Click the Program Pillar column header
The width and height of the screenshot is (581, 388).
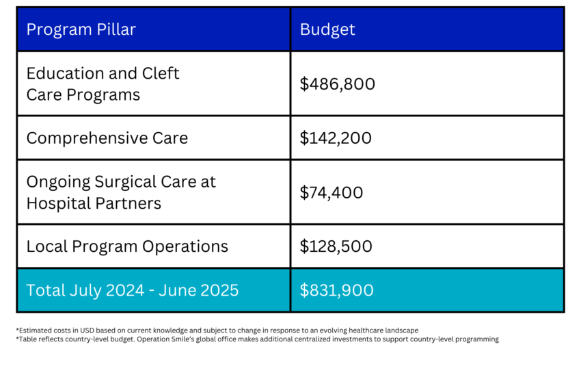81,29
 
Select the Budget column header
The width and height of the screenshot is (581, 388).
327,29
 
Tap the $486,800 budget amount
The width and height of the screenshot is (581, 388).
337,84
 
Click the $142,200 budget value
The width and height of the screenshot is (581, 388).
336,138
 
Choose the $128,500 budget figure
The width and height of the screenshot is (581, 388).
336,246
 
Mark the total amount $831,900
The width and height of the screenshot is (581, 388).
336,290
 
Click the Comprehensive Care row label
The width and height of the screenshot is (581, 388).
107,138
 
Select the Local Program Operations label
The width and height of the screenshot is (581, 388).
127,246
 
